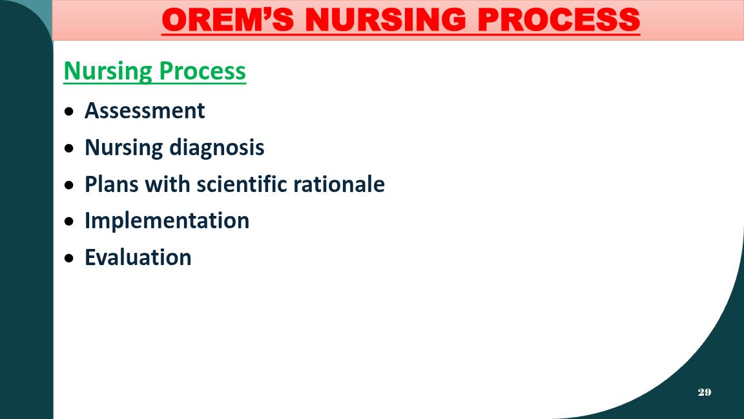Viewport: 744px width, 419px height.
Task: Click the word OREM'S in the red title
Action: click(228, 20)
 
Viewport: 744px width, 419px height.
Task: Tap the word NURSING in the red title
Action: click(386, 20)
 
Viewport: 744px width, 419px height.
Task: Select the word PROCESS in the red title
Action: click(559, 20)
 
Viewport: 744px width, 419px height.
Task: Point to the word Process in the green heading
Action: click(203, 70)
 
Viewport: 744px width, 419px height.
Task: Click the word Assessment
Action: click(145, 111)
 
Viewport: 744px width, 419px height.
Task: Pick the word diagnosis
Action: click(217, 147)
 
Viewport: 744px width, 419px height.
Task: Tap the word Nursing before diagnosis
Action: click(124, 147)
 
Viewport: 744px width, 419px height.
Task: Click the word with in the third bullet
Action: click(167, 184)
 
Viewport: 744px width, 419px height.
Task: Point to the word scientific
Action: click(242, 184)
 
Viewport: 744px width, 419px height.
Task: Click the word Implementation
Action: click(167, 221)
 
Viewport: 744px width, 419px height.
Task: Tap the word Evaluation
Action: click(138, 257)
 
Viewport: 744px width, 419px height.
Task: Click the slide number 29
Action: click(705, 392)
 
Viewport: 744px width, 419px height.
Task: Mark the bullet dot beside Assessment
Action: click(70, 112)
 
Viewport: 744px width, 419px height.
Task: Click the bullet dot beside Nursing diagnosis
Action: click(70, 148)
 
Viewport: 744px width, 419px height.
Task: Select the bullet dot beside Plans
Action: click(70, 185)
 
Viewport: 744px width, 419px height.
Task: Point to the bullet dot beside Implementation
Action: click(70, 221)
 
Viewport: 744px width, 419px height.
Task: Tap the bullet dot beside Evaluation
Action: click(70, 259)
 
